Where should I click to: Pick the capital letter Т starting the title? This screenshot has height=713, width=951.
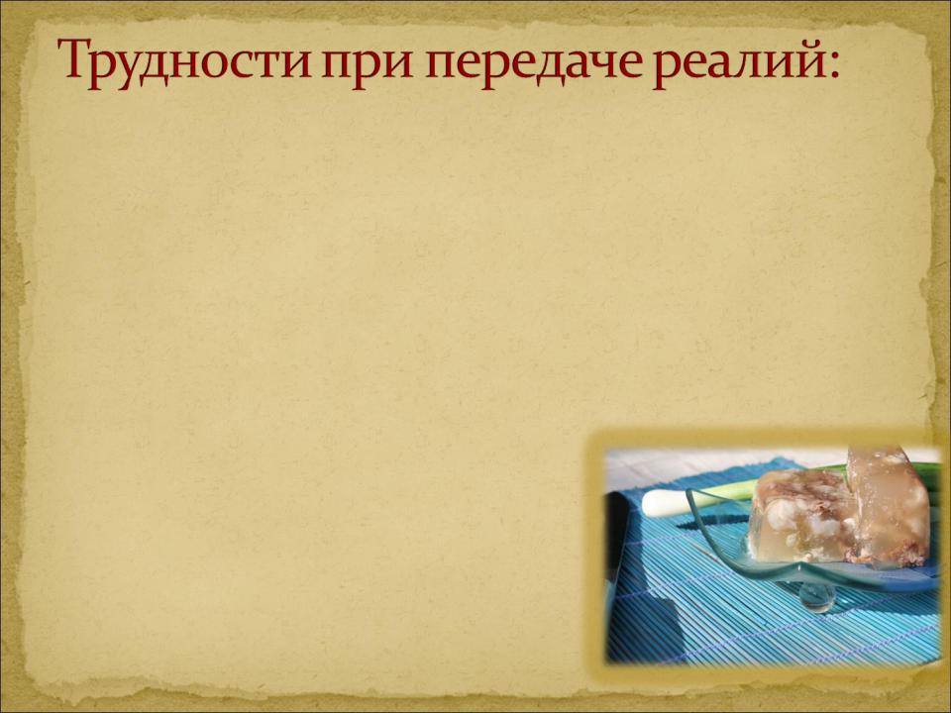(x=76, y=57)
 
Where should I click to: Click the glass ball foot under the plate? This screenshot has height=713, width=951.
(x=815, y=597)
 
